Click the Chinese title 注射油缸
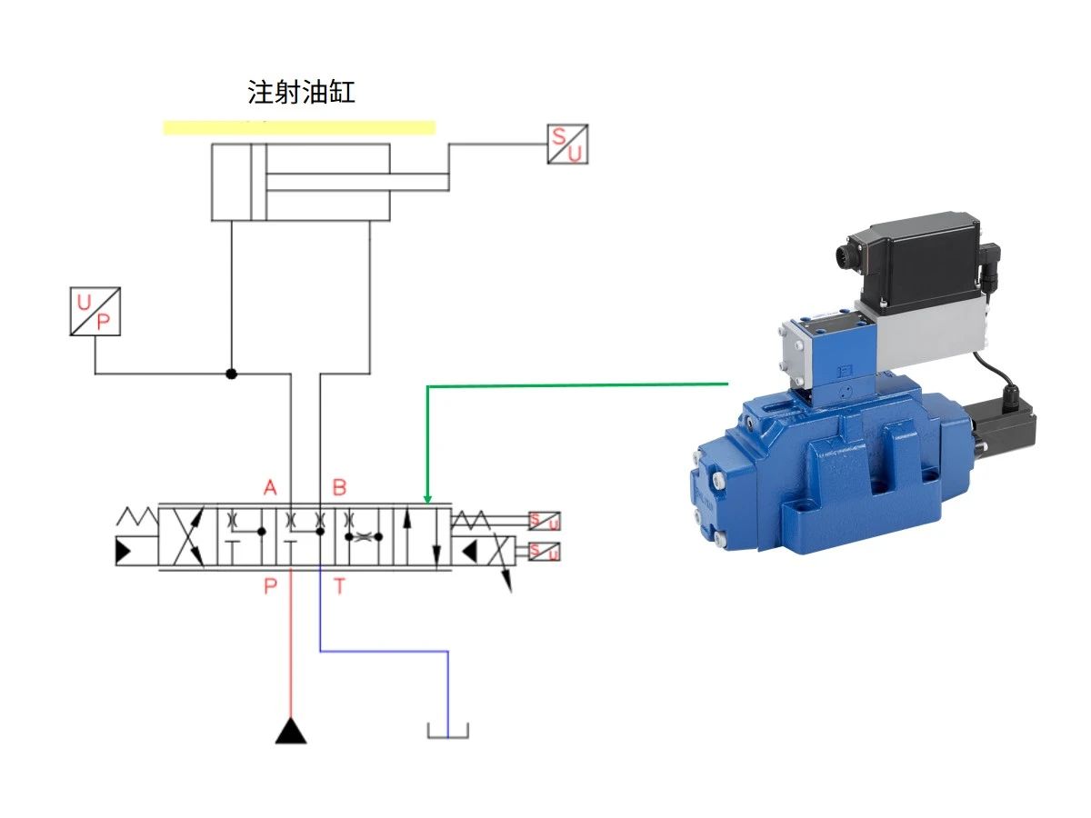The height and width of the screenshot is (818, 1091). [x=301, y=93]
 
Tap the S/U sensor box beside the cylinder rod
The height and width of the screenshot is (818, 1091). [x=567, y=144]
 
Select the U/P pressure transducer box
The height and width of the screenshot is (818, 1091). [x=95, y=312]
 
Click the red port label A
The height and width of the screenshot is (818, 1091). [x=270, y=488]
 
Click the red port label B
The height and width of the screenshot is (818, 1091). [x=339, y=488]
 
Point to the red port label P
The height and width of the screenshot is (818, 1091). [x=270, y=586]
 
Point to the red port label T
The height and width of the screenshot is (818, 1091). [x=339, y=586]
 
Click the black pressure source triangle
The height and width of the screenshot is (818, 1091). [x=291, y=731]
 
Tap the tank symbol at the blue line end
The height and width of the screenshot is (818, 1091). [x=447, y=731]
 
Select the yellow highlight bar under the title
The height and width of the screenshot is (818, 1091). [x=299, y=127]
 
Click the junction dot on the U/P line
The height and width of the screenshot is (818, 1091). [x=231, y=374]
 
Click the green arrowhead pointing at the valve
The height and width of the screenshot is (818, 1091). [x=427, y=498]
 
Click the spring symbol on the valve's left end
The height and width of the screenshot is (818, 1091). [x=136, y=518]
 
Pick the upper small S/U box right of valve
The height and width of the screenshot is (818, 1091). [x=545, y=521]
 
